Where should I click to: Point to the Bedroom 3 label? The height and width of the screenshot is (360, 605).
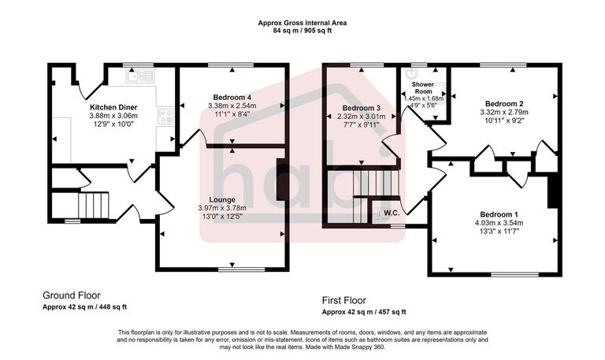pyautogui.click(x=363, y=108)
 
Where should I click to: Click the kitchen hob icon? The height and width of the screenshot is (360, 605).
pyautogui.click(x=165, y=117)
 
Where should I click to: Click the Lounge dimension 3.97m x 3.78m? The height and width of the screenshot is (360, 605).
pyautogui.click(x=222, y=208)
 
